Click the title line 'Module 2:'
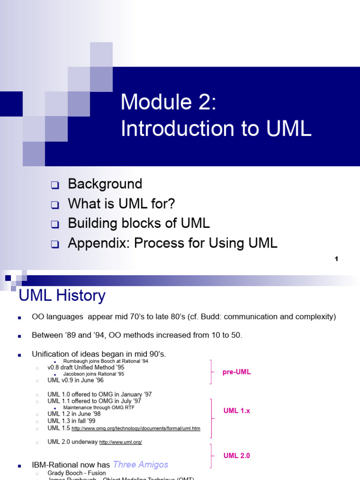click(168, 102)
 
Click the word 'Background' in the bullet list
click(105, 184)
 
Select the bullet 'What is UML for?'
click(121, 204)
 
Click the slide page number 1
click(337, 259)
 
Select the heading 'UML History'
click(62, 296)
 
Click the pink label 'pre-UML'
click(237, 372)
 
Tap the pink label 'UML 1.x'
click(237, 411)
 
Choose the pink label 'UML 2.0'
click(237, 455)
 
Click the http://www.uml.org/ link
click(120, 442)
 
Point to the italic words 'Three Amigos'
click(141, 465)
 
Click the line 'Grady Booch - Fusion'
click(76, 473)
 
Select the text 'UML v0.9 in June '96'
click(75, 380)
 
